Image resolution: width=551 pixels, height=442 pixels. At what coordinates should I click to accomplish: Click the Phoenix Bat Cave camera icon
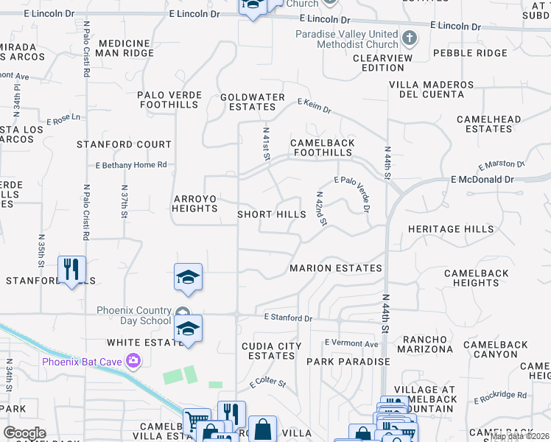133,361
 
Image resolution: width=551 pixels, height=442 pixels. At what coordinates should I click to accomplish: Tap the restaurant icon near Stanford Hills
71,270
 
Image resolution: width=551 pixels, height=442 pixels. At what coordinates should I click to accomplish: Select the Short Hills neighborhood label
271,214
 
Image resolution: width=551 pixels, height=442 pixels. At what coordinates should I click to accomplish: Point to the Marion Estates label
336,268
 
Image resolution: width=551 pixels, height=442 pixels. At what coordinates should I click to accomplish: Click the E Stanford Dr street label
289,318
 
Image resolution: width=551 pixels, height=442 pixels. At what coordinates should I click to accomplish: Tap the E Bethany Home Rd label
131,165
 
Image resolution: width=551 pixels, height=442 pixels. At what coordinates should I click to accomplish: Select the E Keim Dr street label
315,106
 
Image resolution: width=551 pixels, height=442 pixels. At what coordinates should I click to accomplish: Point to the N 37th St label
124,199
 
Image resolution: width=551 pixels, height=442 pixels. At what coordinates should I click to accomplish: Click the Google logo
24,433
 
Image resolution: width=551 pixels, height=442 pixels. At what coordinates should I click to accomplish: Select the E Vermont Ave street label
351,344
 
